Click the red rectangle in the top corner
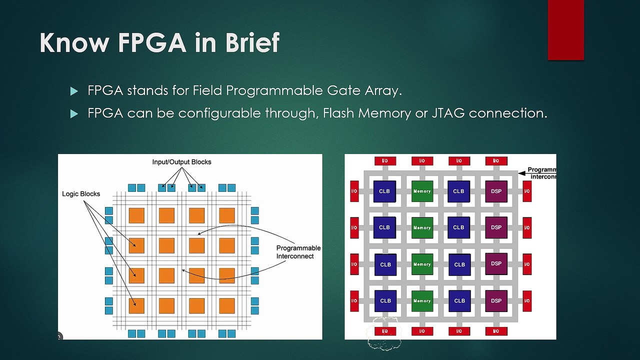[565, 30]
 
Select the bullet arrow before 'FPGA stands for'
[74, 91]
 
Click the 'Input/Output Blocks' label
[181, 162]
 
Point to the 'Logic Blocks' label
[81, 194]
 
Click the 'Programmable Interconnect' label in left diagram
[298, 252]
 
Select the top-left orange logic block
[136, 215]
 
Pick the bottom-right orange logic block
[226, 306]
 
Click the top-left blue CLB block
[384, 191]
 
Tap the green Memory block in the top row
[422, 191]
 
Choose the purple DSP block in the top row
[496, 191]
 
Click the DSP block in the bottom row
[496, 301]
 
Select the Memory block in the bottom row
[422, 301]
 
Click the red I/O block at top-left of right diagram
[385, 161]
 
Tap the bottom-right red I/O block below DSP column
[496, 331]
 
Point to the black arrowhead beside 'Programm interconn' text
[522, 173]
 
